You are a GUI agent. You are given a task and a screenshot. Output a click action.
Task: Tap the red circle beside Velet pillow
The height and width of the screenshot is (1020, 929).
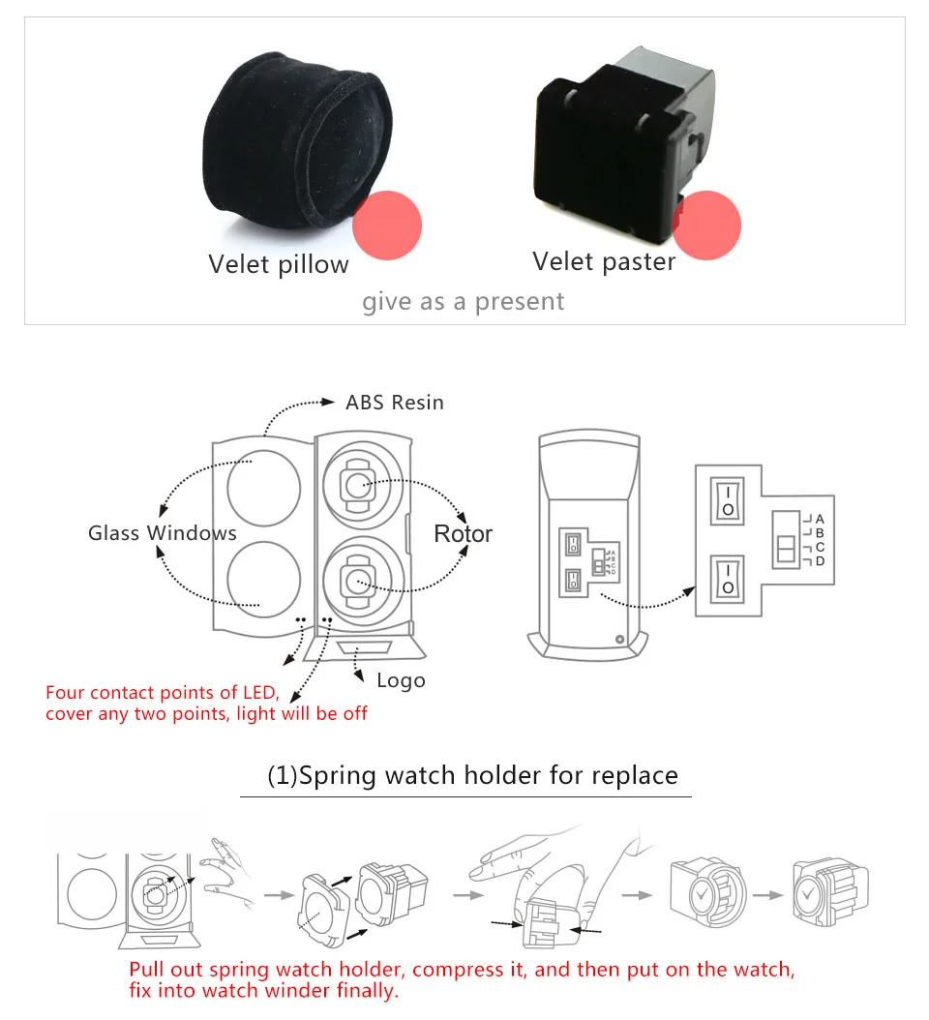point(387,225)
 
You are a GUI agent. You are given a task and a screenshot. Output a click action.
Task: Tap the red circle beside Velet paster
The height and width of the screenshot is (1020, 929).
point(706,225)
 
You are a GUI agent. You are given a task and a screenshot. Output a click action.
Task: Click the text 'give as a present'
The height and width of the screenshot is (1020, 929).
point(464,302)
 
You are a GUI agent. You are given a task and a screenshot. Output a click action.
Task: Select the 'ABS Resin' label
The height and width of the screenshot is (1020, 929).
point(395,403)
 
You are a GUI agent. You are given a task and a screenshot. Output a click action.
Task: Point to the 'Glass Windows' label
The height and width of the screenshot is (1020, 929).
point(163,533)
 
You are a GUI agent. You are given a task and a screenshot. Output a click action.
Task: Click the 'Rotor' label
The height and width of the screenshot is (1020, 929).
point(463,534)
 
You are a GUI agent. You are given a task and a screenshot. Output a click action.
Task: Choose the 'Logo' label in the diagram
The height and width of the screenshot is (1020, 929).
point(401,680)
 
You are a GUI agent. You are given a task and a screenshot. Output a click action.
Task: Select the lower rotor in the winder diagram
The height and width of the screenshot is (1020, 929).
point(358,581)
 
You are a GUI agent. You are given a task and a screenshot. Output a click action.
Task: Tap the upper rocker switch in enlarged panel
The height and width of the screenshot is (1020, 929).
point(727,499)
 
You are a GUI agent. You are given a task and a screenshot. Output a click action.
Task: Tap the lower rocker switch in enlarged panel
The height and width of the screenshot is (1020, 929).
point(727,579)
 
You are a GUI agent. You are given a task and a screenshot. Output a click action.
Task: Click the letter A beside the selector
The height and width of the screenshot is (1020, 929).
point(819,520)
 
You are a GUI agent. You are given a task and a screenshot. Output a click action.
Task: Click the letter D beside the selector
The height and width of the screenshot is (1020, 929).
point(820,561)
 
